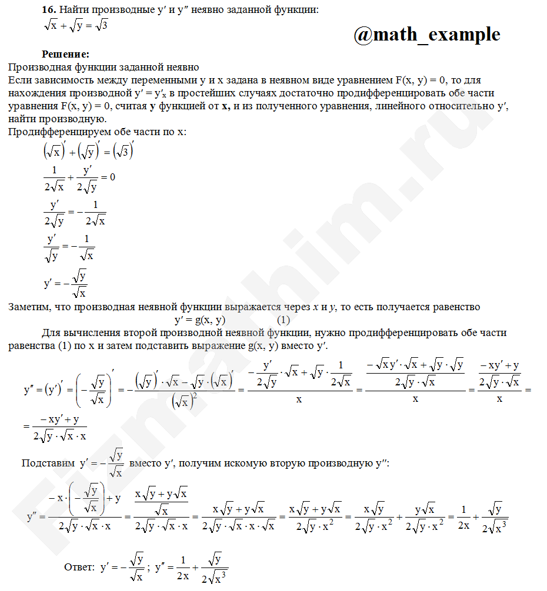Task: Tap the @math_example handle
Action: (427, 35)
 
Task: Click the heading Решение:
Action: (65, 55)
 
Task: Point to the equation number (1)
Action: (283, 320)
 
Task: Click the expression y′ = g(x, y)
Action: (200, 320)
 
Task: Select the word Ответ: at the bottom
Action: (79, 568)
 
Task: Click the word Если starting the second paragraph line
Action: (19, 80)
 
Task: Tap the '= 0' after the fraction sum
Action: (108, 176)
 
